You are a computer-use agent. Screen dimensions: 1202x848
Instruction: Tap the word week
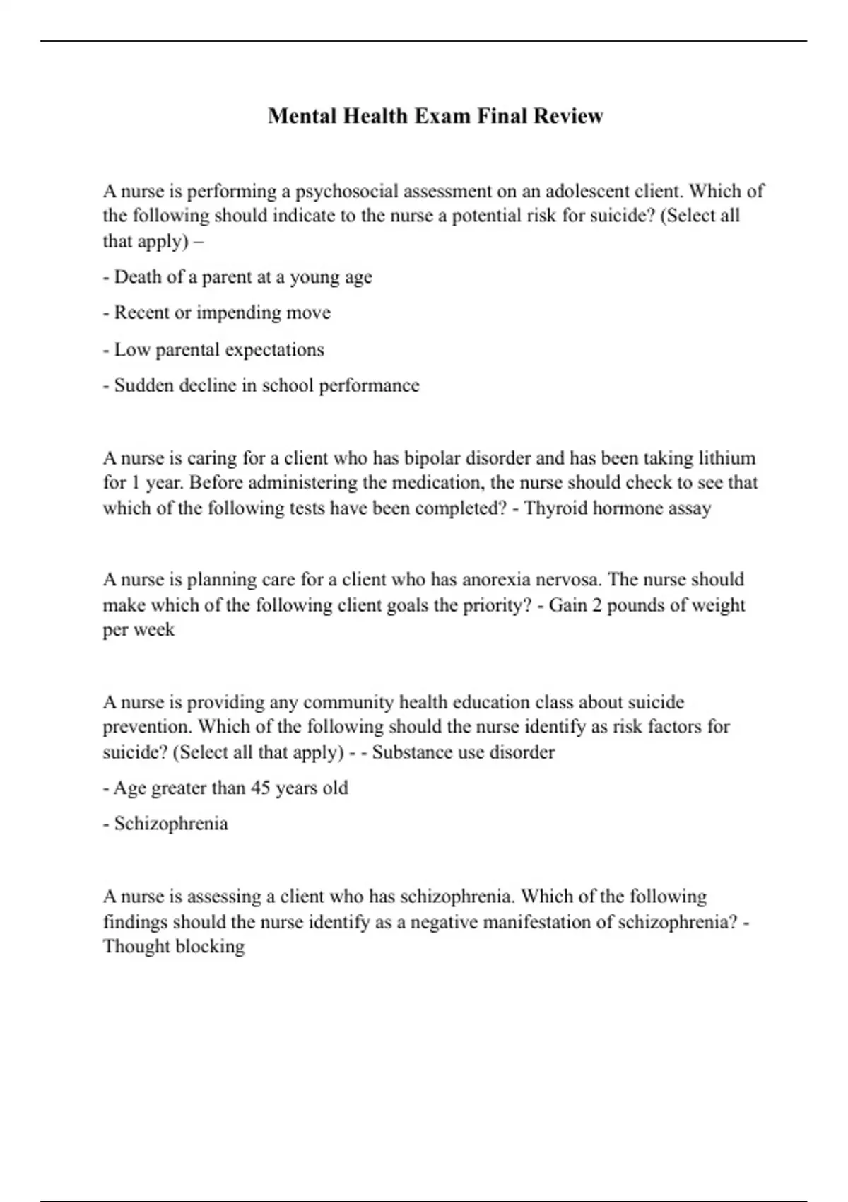click(x=154, y=630)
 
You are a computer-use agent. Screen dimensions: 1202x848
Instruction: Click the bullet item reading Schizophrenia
click(x=171, y=824)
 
